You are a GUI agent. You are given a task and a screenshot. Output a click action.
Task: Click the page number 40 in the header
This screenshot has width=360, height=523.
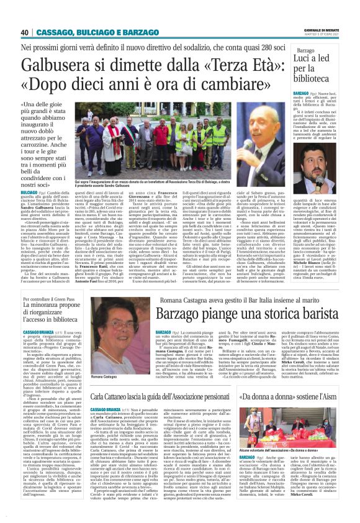[25, 32]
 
